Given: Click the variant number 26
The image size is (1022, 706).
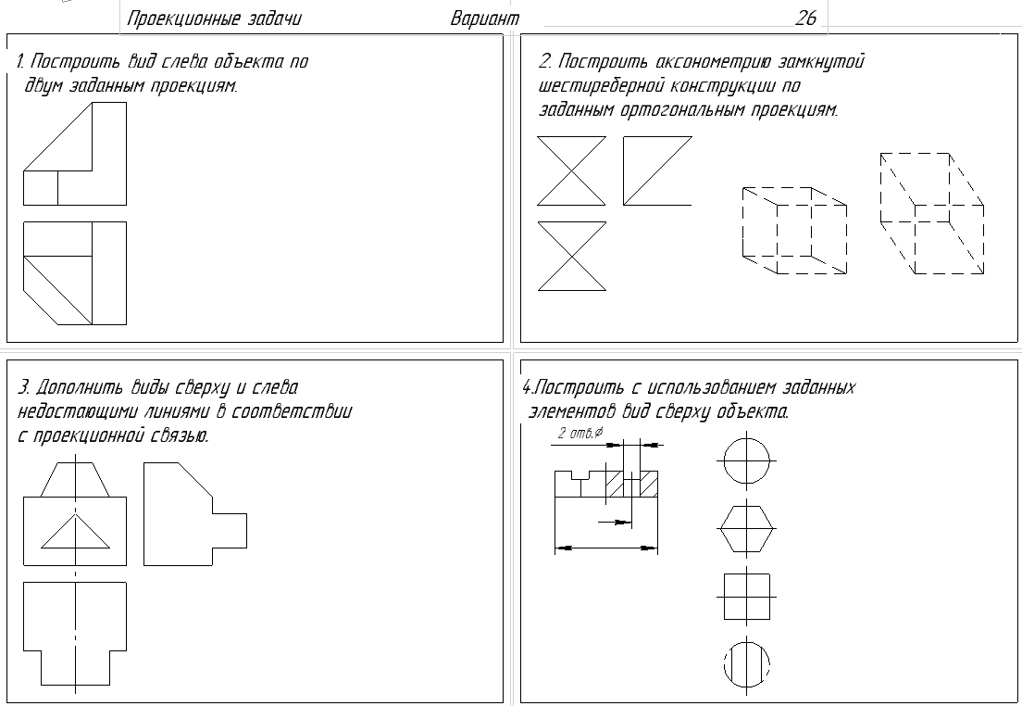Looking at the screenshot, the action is (x=805, y=18).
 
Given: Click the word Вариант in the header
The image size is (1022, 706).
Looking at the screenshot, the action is (x=485, y=19).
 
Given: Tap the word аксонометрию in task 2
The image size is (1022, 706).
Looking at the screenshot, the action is (x=713, y=62).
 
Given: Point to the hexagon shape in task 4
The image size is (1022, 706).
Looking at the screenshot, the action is (x=746, y=528).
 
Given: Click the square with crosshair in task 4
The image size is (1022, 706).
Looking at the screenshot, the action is (x=746, y=597).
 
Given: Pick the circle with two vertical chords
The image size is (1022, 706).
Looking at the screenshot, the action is (x=746, y=664).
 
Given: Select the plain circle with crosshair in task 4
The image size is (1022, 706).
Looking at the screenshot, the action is (x=746, y=460).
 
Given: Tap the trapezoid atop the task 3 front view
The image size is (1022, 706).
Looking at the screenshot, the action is (x=75, y=480).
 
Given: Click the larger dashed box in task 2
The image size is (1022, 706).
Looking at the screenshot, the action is (x=932, y=213).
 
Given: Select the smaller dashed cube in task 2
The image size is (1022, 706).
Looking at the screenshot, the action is (x=794, y=231).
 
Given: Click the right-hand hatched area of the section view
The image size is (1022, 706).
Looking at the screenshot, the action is (x=649, y=485).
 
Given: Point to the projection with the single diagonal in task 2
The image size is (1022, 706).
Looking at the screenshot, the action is (x=657, y=170).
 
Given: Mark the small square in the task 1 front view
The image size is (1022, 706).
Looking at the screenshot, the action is (x=41, y=188).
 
